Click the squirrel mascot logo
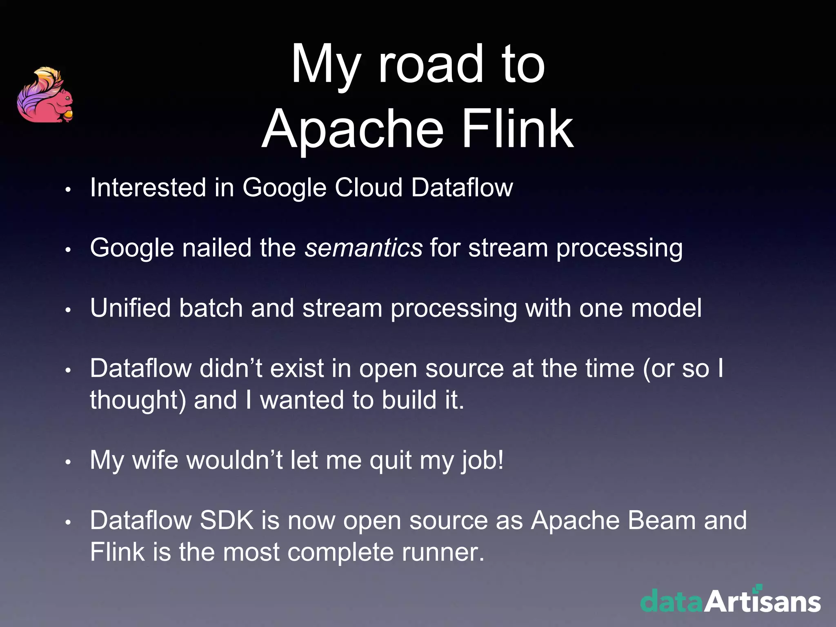coord(45,96)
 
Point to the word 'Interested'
coord(148,188)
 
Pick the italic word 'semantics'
coord(363,248)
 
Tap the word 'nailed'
coord(216,248)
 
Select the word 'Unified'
coord(130,308)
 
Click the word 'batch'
coord(211,308)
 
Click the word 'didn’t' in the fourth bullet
coord(231,368)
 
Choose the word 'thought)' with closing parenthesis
coord(138,400)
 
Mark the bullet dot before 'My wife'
coord(68,462)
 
